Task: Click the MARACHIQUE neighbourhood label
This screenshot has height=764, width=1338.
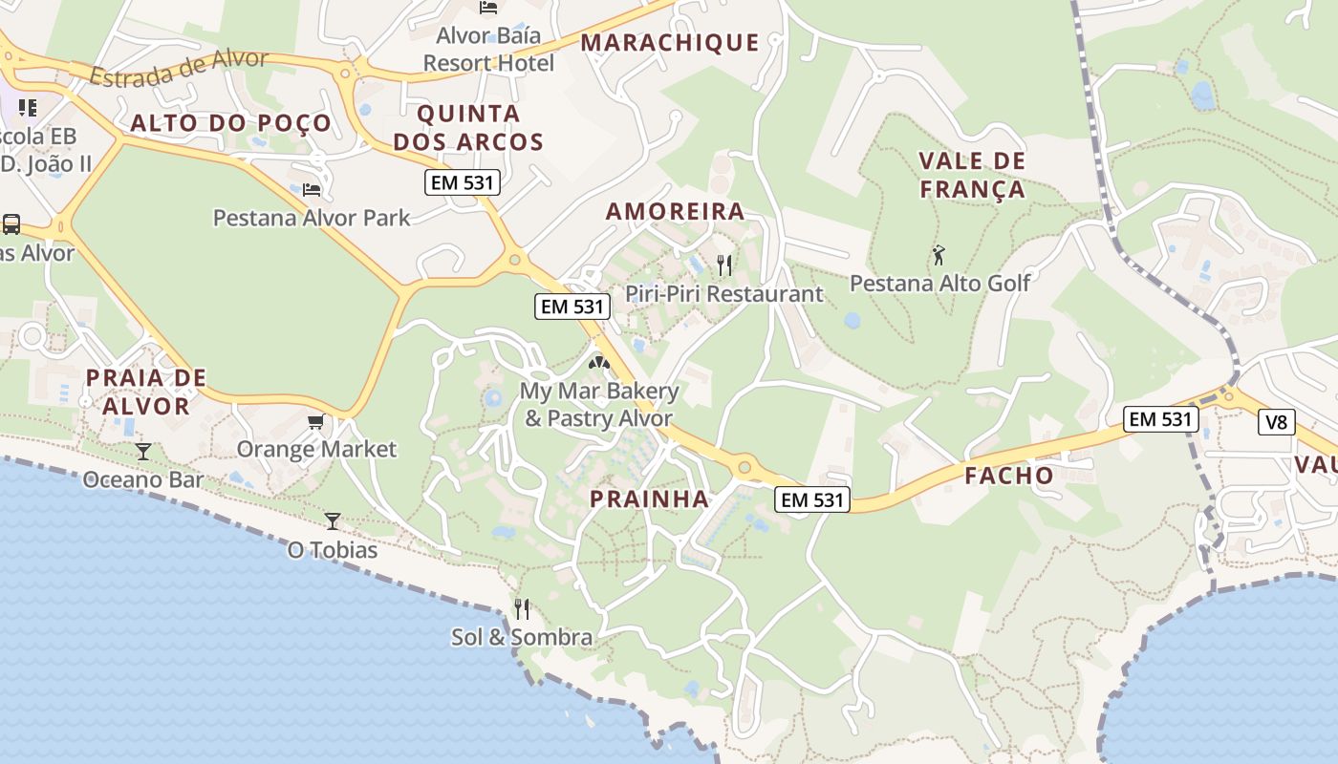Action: (670, 43)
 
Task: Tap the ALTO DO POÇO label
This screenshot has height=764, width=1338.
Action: (230, 123)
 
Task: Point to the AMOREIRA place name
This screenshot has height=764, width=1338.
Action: (675, 212)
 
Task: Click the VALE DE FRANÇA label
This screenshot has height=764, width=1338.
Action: (972, 175)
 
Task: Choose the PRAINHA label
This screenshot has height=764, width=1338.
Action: (649, 499)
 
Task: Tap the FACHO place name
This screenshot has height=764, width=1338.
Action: (1008, 476)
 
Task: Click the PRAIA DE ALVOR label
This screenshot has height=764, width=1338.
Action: (146, 392)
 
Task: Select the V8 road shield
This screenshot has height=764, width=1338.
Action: (1276, 422)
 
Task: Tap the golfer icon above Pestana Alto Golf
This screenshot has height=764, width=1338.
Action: (939, 255)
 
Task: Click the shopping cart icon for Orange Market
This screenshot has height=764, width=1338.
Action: (315, 421)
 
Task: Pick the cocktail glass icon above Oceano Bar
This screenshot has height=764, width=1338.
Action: (142, 451)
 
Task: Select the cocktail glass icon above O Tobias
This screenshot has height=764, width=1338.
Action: (332, 520)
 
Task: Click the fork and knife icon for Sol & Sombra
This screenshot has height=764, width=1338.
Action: (522, 608)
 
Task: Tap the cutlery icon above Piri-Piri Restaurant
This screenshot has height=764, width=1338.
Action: (724, 265)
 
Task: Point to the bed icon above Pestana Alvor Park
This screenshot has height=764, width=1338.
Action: (312, 190)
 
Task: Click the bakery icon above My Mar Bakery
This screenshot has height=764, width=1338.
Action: (599, 363)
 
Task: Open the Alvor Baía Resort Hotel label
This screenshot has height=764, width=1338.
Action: (488, 49)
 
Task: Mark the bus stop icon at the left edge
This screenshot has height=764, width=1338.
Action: (11, 224)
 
